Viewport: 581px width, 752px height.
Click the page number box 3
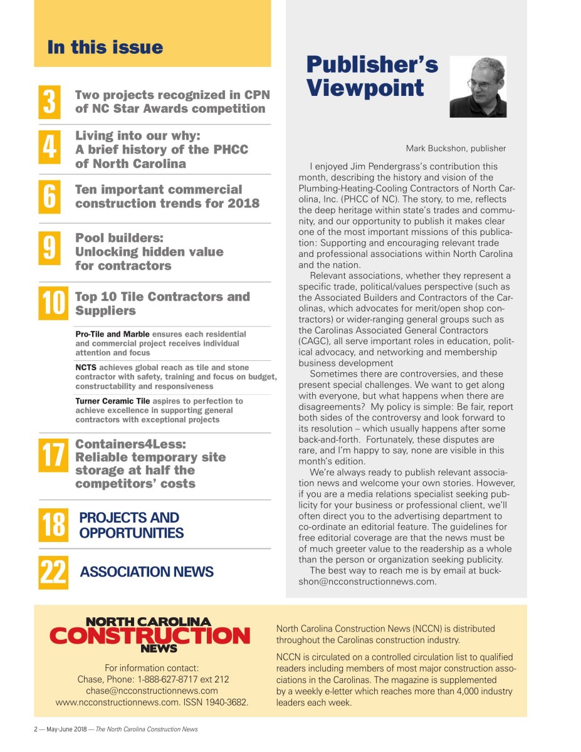point(50,102)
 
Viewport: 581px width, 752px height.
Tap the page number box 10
point(53,303)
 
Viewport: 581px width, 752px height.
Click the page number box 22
point(53,572)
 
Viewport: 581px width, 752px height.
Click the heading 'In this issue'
point(105,48)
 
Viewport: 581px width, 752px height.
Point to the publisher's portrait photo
point(478,87)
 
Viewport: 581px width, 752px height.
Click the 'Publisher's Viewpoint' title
point(372,76)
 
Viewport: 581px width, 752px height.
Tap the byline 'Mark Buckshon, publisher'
point(456,149)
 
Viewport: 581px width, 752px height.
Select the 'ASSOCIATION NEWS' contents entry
point(147,572)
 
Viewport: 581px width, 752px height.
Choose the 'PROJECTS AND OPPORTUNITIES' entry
point(131,525)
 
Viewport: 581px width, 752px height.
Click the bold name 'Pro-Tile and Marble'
point(112,334)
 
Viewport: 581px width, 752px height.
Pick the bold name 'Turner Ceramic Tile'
point(112,400)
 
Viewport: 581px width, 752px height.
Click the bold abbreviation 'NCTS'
point(86,367)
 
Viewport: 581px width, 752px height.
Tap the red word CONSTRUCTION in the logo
point(149,636)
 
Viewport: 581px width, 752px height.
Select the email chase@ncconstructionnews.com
point(152,691)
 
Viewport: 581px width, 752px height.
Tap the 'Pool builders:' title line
point(118,238)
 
